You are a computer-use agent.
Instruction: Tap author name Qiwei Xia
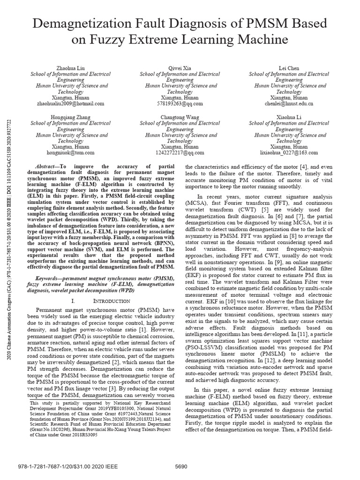click(x=180, y=68)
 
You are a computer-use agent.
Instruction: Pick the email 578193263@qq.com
click(x=180, y=104)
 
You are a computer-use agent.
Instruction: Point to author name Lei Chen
click(x=289, y=68)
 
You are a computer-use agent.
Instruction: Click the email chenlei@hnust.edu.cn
click(x=289, y=104)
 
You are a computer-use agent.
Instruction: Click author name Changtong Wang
click(x=180, y=117)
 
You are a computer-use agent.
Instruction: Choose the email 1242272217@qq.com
click(x=180, y=153)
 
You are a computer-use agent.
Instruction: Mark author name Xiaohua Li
click(x=289, y=117)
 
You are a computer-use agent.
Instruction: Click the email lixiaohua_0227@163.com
click(x=289, y=153)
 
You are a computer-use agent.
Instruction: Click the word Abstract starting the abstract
click(x=45, y=166)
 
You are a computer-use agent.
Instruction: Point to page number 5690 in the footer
click(x=180, y=467)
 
